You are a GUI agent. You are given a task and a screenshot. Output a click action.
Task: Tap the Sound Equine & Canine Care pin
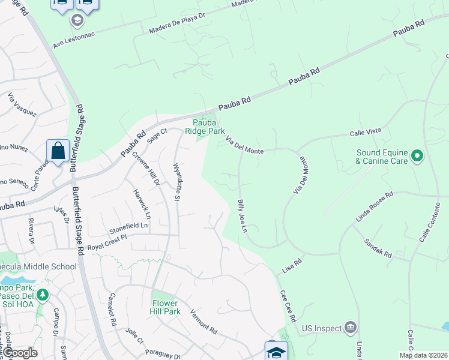pos(418,157)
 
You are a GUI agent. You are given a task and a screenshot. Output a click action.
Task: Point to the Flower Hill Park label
pos(166,307)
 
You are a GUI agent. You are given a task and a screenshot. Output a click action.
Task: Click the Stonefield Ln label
pos(128,227)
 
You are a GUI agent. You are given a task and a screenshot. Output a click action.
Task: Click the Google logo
pos(20,353)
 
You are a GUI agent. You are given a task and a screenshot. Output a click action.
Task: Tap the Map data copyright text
pos(423,355)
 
